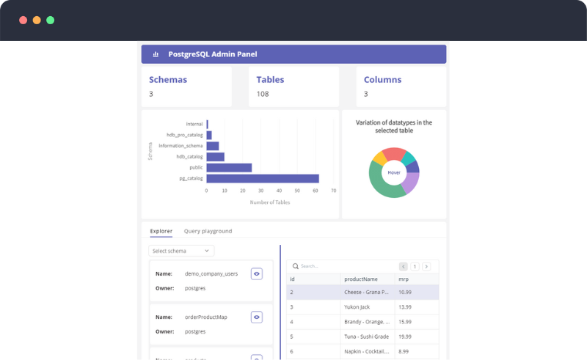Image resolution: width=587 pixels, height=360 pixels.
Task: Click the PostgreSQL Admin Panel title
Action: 212,54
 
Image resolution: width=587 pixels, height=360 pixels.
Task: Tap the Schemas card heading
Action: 168,80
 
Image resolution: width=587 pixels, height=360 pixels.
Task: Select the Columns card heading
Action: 382,80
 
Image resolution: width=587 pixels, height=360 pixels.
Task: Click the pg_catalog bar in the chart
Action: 263,178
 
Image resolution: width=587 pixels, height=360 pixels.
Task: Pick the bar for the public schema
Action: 229,168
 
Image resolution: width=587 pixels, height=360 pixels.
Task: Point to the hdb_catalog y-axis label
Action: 189,157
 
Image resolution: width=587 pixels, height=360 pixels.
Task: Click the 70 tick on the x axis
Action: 333,191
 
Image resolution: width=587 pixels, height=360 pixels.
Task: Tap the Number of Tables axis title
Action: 269,202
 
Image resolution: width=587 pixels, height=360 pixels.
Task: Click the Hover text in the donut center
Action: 394,172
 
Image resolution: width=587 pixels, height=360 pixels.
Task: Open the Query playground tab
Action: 208,231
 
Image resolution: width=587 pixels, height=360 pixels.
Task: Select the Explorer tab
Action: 161,231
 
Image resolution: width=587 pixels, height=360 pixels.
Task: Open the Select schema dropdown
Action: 181,251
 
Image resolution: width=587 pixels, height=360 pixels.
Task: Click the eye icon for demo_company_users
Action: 256,273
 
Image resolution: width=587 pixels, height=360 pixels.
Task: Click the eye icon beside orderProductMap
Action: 256,317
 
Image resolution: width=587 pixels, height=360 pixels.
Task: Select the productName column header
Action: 361,279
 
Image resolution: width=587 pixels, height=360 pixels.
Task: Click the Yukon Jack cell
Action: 357,307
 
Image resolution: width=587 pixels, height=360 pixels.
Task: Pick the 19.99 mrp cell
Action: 404,337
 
